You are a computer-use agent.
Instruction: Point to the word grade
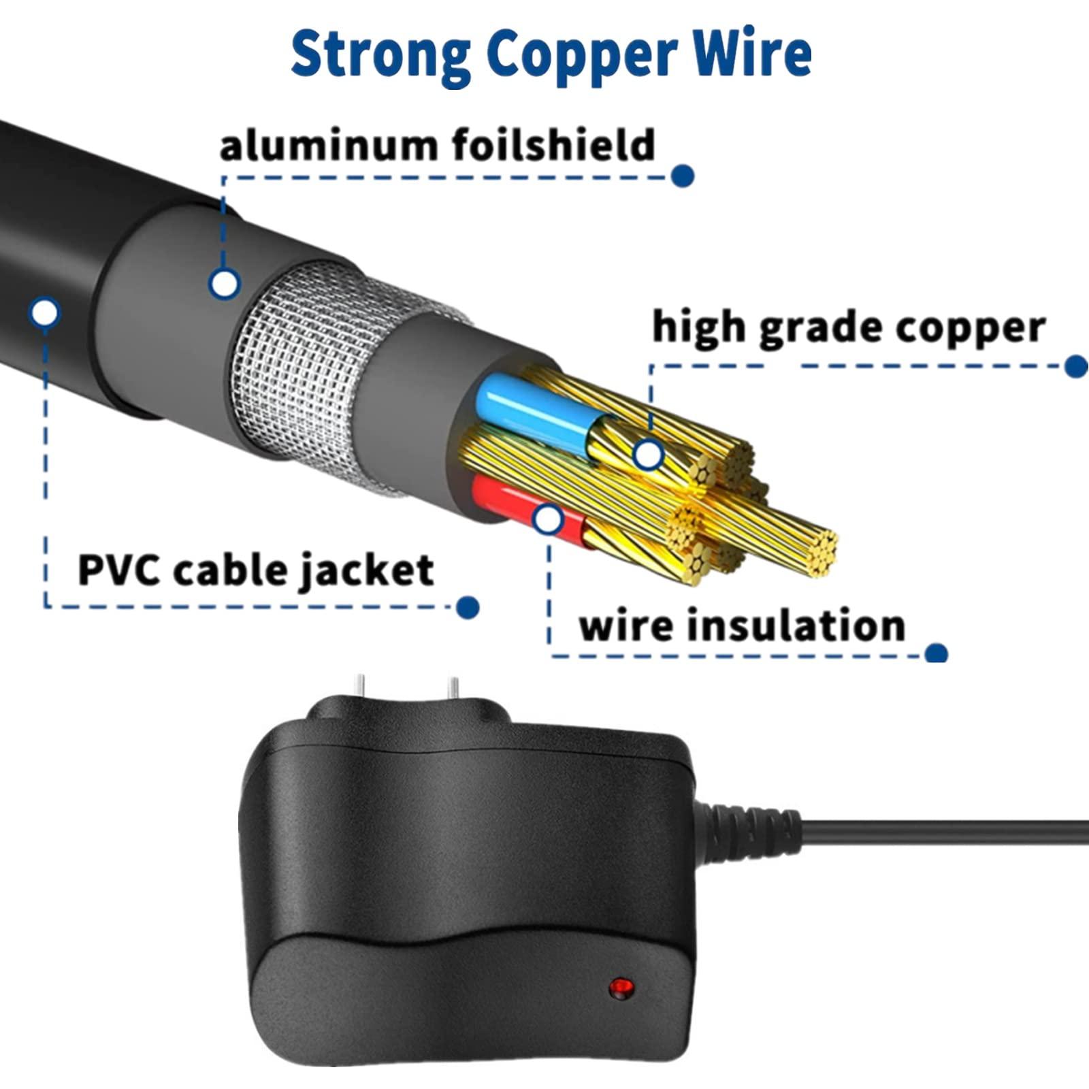(x=820, y=329)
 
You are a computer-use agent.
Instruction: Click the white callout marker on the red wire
(x=547, y=520)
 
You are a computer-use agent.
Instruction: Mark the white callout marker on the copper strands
(x=648, y=455)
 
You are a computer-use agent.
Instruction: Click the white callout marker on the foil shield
(x=225, y=283)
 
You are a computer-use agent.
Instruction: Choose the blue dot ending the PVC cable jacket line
(x=467, y=607)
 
